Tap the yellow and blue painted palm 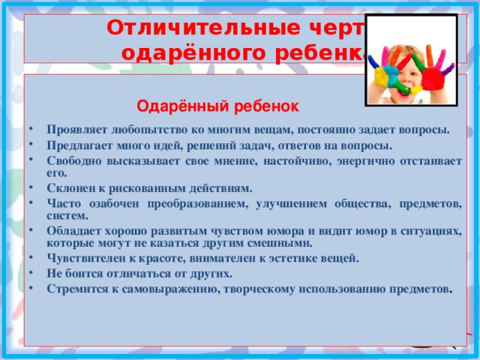tap(386, 73)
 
